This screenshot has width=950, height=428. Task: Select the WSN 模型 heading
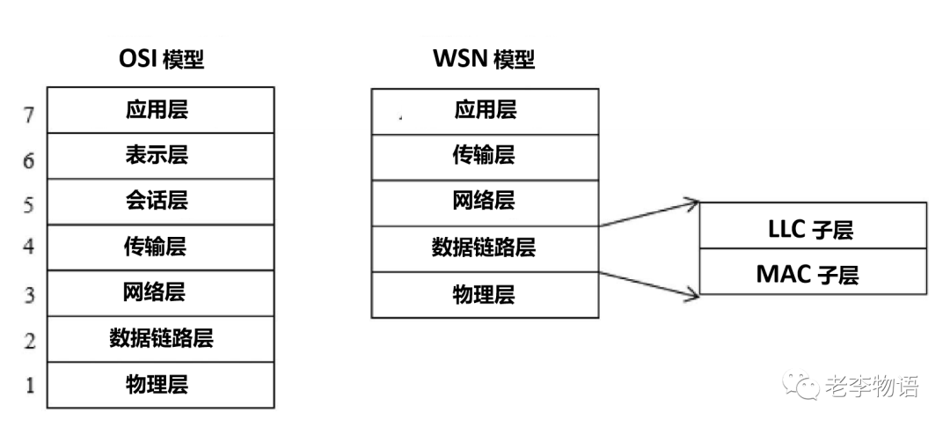pyautogui.click(x=484, y=60)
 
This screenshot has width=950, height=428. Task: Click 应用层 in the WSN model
pyautogui.click(x=485, y=110)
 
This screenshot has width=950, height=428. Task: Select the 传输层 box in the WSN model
pyautogui.click(x=485, y=156)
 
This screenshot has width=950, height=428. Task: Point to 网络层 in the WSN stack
pyautogui.click(x=485, y=202)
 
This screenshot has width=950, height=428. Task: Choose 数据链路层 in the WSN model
pyautogui.click(x=485, y=247)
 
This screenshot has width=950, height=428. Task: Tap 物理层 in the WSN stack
pyautogui.click(x=485, y=294)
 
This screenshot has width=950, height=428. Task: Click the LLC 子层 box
pyautogui.click(x=812, y=227)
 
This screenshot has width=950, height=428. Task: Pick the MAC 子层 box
pyautogui.click(x=812, y=273)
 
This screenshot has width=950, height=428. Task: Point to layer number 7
pyautogui.click(x=29, y=114)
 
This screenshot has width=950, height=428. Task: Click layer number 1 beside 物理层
pyautogui.click(x=29, y=387)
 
